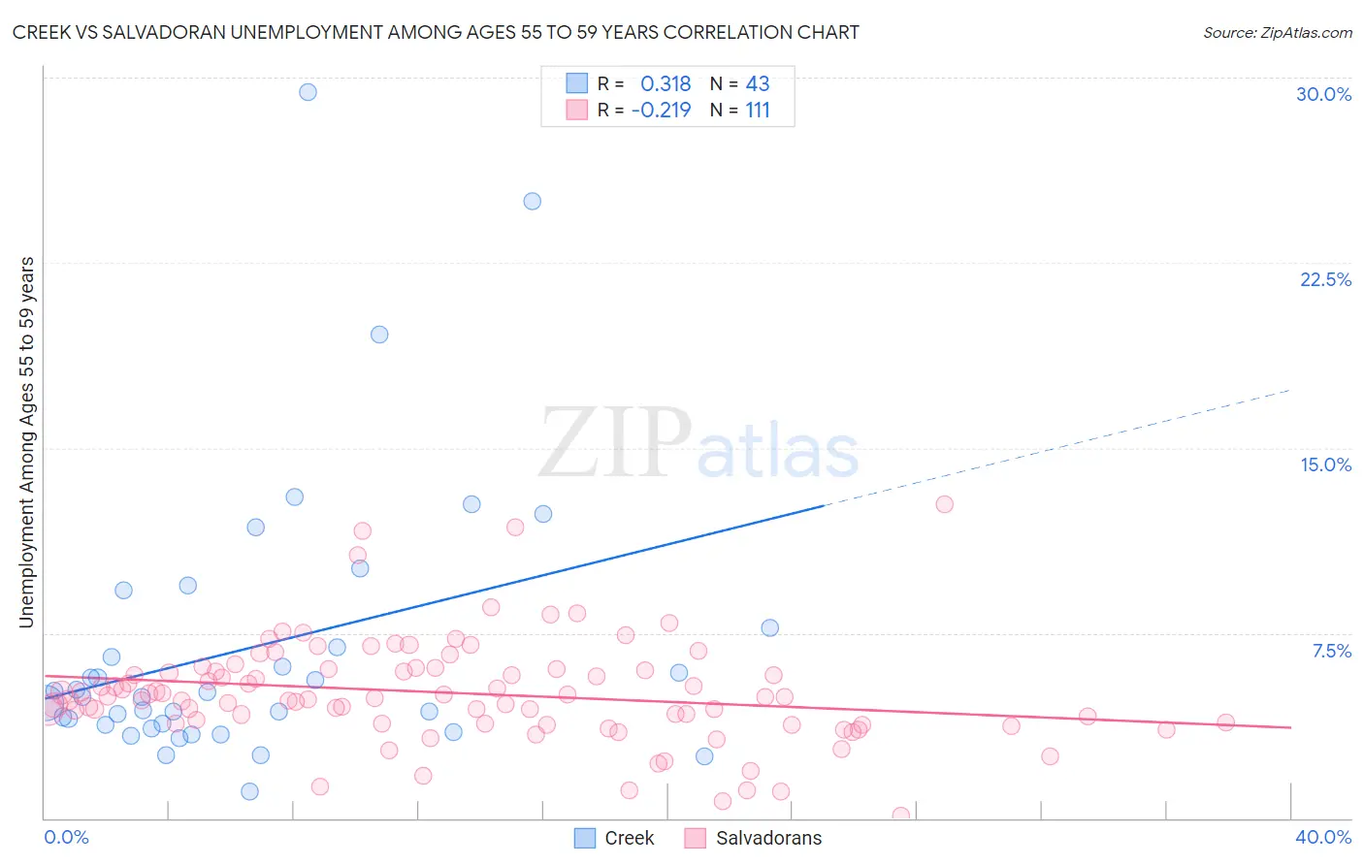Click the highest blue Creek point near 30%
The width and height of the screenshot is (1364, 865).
tap(308, 92)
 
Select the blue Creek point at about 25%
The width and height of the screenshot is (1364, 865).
tap(533, 202)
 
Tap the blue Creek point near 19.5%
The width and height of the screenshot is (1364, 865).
tap(379, 335)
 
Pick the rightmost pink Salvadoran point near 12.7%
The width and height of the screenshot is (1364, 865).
tap(945, 504)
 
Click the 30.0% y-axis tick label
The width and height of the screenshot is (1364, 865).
tap(1323, 94)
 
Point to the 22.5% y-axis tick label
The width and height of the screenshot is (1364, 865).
tap(1325, 279)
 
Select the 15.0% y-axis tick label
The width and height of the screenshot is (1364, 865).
tap(1325, 465)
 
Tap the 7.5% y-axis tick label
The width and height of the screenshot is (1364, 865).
tap(1331, 651)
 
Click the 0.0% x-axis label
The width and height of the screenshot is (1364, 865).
tap(66, 837)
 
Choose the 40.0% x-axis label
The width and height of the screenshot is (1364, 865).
tap(1323, 837)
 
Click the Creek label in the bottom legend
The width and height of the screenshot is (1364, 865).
tap(630, 838)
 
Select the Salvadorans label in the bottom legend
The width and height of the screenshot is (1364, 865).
tap(768, 838)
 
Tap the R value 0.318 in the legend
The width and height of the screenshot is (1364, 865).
tap(666, 84)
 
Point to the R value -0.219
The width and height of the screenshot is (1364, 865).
tap(661, 111)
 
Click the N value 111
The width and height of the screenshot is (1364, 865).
tap(758, 111)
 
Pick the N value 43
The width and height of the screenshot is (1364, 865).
tap(758, 84)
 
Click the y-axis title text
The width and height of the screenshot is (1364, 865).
tap(27, 442)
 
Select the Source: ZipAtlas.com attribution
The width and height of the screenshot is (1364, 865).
tap(1277, 33)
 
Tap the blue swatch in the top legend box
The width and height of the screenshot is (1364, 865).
tap(577, 83)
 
